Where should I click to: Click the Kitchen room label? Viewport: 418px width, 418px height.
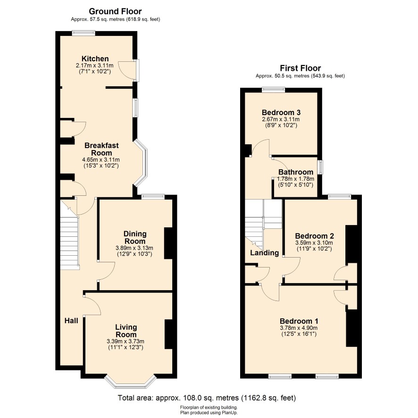(x=95, y=59)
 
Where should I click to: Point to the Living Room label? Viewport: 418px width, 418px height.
(x=126, y=331)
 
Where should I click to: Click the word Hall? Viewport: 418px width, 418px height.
(x=71, y=320)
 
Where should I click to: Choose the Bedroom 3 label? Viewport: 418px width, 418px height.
(x=281, y=113)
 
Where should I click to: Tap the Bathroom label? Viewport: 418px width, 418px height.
(x=295, y=172)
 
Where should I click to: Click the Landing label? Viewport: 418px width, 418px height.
(x=264, y=253)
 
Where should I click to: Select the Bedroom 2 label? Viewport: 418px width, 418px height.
(x=314, y=236)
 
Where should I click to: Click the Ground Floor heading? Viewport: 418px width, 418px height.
(x=115, y=11)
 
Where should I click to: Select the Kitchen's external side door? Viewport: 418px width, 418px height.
(x=136, y=70)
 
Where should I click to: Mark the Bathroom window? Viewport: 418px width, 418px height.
(x=320, y=167)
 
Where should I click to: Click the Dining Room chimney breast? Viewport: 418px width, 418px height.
(x=168, y=243)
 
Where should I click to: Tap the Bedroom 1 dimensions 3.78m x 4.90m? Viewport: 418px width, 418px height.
(x=299, y=328)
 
